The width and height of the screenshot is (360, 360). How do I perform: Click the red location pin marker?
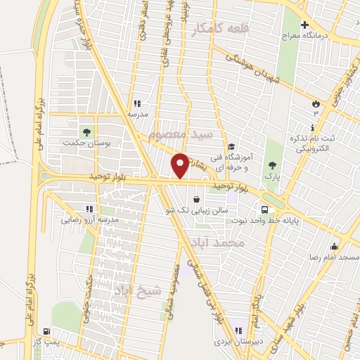coord(181,165)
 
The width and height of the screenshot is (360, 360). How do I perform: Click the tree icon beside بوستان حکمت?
coord(87,131)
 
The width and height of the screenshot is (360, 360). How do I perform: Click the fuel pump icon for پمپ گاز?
coord(46,330)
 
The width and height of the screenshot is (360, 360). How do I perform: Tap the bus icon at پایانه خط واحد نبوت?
coord(264,210)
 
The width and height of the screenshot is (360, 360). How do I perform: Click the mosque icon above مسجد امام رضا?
coord(335,246)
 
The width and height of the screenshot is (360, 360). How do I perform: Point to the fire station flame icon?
coord(316,104)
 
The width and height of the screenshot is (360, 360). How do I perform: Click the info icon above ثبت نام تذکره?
coord(312,127)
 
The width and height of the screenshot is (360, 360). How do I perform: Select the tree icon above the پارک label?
coord(272,166)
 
